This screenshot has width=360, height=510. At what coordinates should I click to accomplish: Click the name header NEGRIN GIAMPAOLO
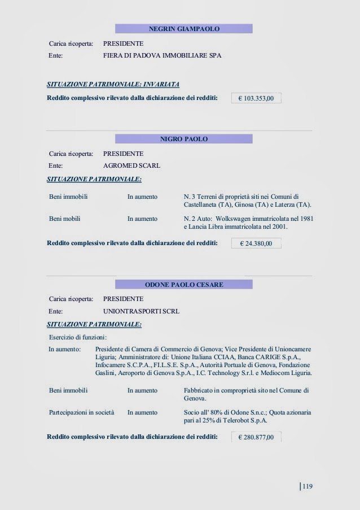pyautogui.click(x=183, y=28)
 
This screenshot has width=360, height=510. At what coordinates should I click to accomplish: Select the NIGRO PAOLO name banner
pyautogui.click(x=183, y=139)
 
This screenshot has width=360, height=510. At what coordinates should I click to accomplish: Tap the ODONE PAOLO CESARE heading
pyautogui.click(x=183, y=284)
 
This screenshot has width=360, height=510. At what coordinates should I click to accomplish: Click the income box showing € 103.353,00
pyautogui.click(x=256, y=98)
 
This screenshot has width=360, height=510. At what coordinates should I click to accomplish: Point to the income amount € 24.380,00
pyautogui.click(x=256, y=244)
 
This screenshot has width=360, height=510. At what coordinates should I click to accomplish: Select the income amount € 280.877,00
pyautogui.click(x=256, y=437)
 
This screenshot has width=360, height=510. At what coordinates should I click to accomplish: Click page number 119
pyautogui.click(x=308, y=486)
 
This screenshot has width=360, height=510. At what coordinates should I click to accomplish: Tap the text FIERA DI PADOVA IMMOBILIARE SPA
pyautogui.click(x=163, y=56)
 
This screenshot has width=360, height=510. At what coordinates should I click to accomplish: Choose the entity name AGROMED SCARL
pyautogui.click(x=132, y=166)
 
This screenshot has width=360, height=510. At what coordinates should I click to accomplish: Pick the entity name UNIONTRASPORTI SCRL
pyautogui.click(x=141, y=311)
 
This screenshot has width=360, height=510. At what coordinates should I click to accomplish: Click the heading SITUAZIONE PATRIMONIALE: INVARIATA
pyautogui.click(x=113, y=85)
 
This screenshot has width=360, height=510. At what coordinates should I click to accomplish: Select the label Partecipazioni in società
pyautogui.click(x=82, y=413)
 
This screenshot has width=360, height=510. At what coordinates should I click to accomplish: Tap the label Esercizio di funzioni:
pyautogui.click(x=78, y=337)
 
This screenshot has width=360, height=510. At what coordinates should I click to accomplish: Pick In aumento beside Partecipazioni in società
pyautogui.click(x=142, y=413)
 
